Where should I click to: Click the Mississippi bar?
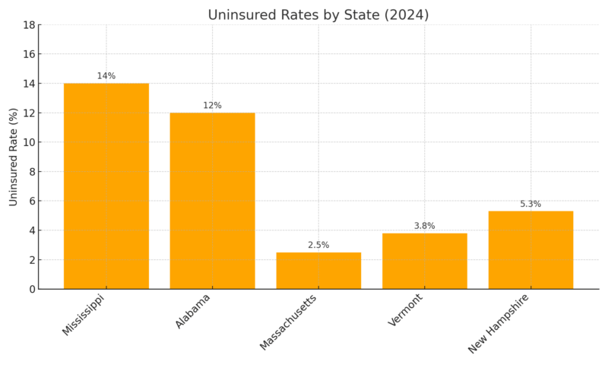click(x=106, y=186)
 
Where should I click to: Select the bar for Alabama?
click(x=212, y=201)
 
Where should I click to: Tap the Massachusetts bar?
click(x=318, y=271)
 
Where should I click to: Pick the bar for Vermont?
click(x=424, y=261)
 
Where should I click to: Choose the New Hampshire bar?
click(x=530, y=250)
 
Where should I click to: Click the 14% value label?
click(x=106, y=76)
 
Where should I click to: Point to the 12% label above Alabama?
click(x=212, y=106)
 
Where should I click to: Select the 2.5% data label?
click(x=318, y=245)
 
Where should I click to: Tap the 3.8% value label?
click(x=424, y=226)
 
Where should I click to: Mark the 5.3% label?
click(x=530, y=204)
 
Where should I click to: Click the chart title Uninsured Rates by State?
click(x=318, y=15)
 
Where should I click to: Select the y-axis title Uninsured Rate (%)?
click(x=14, y=157)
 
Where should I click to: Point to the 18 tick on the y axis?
click(x=30, y=25)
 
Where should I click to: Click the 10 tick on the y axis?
click(x=30, y=142)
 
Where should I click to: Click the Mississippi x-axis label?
click(x=83, y=316)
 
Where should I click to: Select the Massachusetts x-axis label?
click(x=288, y=322)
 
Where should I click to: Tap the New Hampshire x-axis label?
click(x=498, y=324)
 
